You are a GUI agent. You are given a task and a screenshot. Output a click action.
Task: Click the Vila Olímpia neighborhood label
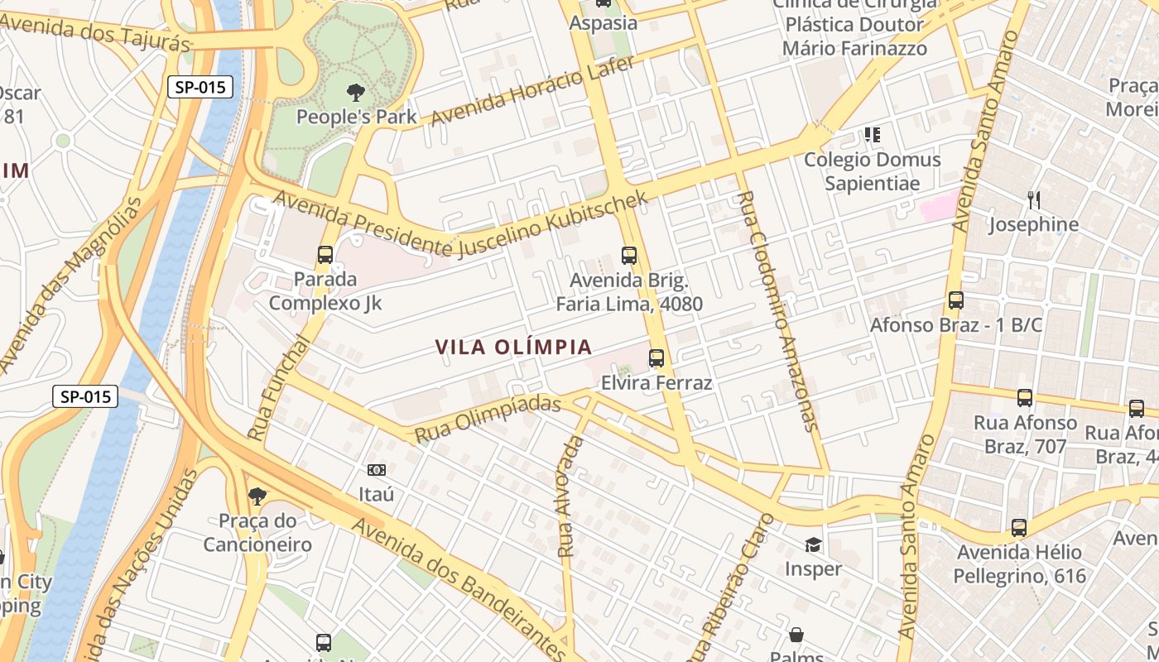click(514, 347)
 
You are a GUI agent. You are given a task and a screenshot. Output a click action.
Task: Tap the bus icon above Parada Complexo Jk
click(325, 255)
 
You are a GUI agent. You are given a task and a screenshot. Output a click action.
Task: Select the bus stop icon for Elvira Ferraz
click(656, 358)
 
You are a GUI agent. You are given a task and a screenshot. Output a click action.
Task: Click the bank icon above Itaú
click(377, 470)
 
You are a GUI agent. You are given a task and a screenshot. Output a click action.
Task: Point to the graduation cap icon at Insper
click(813, 544)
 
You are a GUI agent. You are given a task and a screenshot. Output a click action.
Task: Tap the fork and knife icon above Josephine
click(1033, 199)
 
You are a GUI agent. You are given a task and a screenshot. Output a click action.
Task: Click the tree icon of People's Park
click(357, 93)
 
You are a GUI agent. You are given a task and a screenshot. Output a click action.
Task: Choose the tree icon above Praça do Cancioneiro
click(257, 496)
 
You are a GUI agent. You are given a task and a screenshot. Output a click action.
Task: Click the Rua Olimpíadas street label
click(488, 420)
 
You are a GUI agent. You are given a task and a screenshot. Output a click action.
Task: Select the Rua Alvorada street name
click(570, 496)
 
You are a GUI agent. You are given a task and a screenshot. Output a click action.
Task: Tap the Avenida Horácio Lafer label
click(533, 91)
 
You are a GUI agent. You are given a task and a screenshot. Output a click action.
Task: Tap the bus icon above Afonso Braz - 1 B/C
click(956, 300)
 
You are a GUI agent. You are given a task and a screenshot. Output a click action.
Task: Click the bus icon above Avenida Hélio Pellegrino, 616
click(1019, 528)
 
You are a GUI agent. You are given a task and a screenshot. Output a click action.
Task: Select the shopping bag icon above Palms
click(796, 635)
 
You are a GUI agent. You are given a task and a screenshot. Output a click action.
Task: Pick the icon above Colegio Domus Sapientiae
click(872, 134)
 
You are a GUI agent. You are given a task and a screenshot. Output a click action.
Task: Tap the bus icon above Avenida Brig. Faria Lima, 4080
click(629, 256)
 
